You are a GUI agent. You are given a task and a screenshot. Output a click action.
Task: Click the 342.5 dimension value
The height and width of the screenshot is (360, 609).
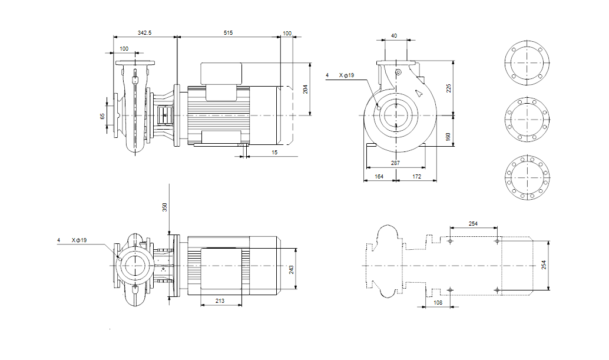point(144,33)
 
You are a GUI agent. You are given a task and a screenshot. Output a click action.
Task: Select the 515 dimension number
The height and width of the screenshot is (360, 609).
point(228,33)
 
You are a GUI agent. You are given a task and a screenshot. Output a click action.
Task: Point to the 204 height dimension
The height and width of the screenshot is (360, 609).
point(305,88)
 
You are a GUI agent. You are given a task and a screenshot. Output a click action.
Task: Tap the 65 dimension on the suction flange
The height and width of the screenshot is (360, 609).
point(102,117)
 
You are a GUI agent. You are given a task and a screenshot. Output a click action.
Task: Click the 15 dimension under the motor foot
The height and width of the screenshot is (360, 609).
point(274,153)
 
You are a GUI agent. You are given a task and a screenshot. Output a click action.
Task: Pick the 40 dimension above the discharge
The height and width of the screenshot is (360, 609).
point(394,36)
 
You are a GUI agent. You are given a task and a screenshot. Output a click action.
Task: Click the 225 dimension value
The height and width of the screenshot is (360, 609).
point(449,88)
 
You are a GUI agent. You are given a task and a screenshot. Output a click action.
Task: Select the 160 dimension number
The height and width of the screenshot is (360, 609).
point(449,136)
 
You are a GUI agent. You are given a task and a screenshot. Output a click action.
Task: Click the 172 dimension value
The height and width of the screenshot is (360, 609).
point(416,176)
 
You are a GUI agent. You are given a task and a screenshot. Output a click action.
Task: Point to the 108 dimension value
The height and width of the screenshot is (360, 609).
point(438,302)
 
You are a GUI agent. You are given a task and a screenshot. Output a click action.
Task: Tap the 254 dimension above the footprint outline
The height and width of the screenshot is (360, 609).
point(473,223)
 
